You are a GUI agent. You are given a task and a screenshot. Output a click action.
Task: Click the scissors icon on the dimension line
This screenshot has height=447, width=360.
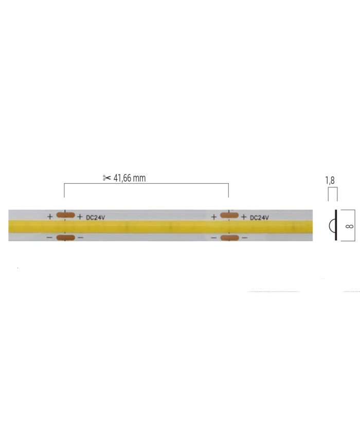[x=106, y=178]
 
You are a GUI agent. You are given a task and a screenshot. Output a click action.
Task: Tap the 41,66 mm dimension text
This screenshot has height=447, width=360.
[x=129, y=178]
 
